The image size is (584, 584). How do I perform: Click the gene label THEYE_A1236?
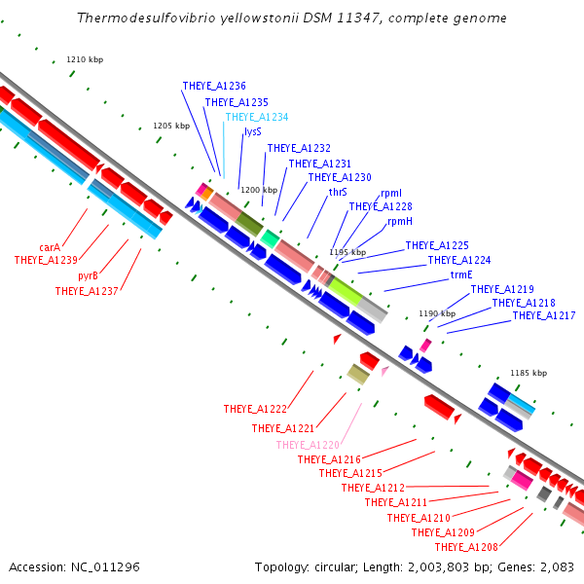point(214,86)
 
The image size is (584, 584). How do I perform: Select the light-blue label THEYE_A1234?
point(257,117)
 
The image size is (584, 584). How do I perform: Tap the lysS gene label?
point(253,131)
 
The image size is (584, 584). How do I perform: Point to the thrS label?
point(338,192)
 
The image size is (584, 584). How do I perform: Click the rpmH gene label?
point(400,221)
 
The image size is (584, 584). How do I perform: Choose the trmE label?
point(461,274)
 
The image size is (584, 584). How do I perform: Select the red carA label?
point(50,247)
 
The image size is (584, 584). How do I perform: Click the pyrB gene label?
point(88,276)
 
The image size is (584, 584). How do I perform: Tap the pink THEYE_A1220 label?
point(308,445)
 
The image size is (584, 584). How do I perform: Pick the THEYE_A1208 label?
point(466,547)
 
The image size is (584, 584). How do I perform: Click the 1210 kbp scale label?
point(85,59)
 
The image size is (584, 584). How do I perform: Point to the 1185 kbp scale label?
point(529,373)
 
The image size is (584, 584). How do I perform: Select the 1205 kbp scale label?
point(171,126)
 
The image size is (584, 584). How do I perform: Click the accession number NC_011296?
point(105,566)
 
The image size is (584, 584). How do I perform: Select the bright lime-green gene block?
point(346,291)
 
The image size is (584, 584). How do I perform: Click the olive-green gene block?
point(249,224)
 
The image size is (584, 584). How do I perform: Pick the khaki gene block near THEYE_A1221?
point(358,375)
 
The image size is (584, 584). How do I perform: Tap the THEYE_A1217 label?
point(544,315)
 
